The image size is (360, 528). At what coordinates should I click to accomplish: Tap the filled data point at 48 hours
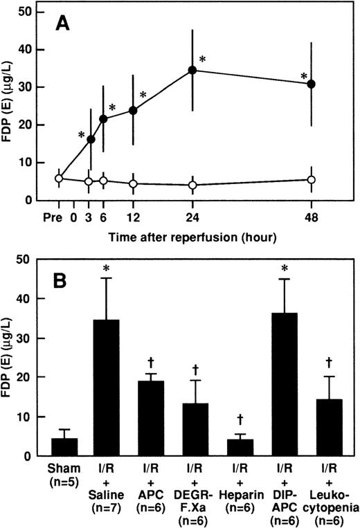(x=312, y=84)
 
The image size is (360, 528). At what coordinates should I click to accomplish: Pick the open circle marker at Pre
(x=59, y=179)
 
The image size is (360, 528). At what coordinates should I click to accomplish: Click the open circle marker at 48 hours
(x=312, y=180)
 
